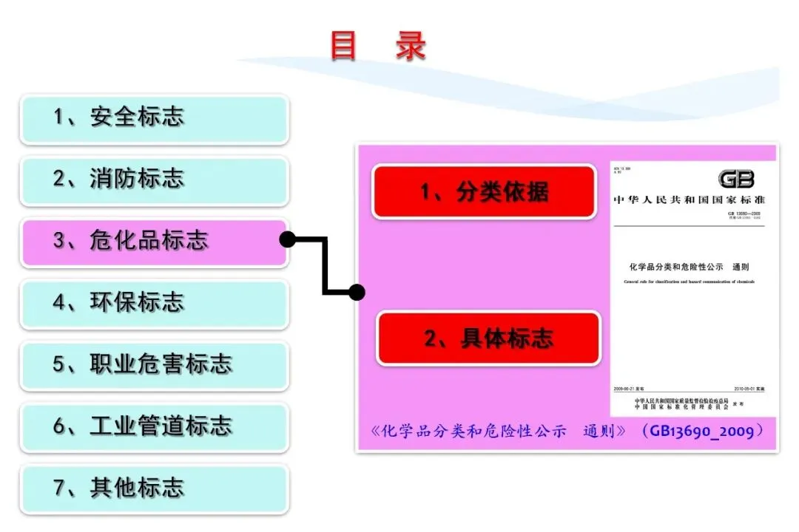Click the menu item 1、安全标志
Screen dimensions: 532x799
point(154,117)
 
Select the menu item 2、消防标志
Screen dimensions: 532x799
point(154,180)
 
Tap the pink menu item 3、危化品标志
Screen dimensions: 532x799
point(154,242)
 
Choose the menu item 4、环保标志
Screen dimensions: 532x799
point(154,303)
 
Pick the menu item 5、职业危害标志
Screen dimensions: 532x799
point(154,365)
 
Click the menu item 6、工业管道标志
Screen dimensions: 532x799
point(154,427)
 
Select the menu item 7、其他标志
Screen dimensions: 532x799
point(154,488)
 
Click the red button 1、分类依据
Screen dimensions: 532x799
point(484,192)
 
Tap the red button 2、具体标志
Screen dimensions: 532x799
point(488,338)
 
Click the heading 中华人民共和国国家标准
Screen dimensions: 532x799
point(690,200)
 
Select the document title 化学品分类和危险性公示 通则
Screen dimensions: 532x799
point(689,267)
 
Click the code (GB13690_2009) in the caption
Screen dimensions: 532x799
point(703,431)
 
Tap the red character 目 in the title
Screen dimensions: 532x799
point(343,46)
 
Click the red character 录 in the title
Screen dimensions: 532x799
point(411,46)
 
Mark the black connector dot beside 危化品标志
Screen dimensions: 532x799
point(288,239)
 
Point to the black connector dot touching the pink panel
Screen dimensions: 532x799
point(357,292)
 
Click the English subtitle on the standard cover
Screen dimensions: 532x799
point(689,282)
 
